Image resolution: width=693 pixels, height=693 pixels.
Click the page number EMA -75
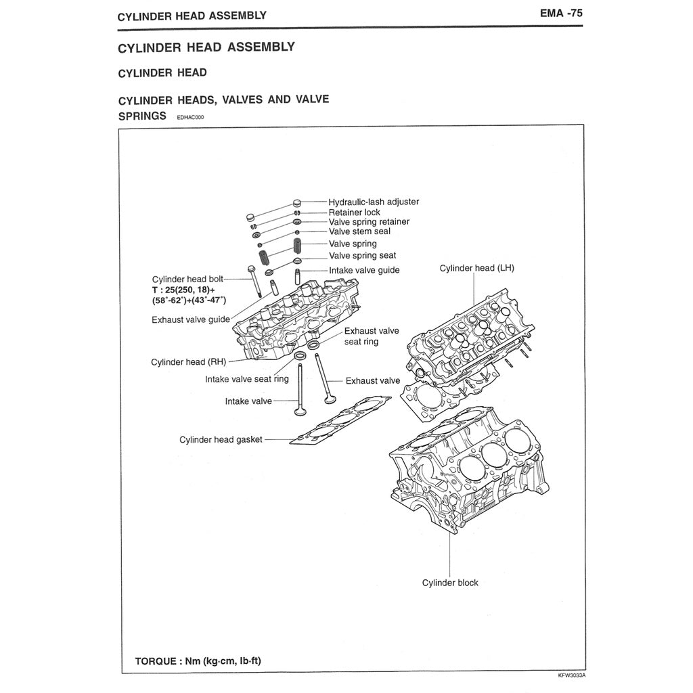(x=560, y=13)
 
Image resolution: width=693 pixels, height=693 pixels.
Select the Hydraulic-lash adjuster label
(x=374, y=202)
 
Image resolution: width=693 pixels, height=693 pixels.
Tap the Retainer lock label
(x=355, y=213)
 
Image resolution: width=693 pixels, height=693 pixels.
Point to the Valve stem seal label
(x=359, y=231)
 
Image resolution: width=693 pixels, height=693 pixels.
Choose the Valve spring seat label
(x=363, y=256)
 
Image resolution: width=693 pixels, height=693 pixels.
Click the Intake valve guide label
(x=364, y=270)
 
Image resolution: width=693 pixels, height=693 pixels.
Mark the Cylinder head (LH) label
(x=476, y=268)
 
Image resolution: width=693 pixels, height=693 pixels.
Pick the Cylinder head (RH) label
(x=188, y=362)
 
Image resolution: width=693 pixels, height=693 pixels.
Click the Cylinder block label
(x=450, y=583)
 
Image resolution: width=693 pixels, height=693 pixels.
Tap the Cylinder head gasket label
(x=221, y=440)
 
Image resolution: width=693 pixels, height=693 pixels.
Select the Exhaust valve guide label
(x=191, y=319)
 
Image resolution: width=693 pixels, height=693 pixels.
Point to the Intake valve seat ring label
(x=247, y=380)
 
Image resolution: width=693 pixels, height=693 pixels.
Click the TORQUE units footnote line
(x=198, y=661)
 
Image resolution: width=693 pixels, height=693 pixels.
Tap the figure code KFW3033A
(x=571, y=676)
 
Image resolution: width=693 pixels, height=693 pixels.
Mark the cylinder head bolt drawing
(x=254, y=281)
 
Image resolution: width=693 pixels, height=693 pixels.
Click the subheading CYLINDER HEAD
(x=162, y=72)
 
